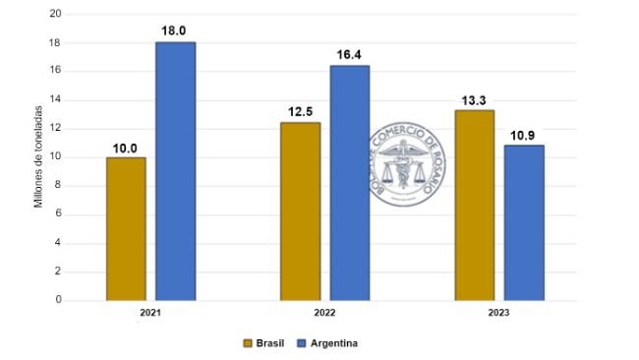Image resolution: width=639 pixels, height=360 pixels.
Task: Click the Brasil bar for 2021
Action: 126,228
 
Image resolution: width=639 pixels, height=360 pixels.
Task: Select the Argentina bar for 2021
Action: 176,171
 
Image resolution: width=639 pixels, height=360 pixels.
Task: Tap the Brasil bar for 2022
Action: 300,210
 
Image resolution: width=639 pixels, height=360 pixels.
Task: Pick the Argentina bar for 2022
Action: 350,183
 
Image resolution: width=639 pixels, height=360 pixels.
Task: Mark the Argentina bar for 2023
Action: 524,222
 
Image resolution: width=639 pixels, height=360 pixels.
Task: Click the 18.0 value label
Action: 174,30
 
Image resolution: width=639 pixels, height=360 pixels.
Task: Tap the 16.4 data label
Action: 350,54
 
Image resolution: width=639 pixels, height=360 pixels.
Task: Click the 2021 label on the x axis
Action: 150,313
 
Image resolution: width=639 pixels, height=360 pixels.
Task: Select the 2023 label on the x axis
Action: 499,313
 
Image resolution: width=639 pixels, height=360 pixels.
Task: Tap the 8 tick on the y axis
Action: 58,186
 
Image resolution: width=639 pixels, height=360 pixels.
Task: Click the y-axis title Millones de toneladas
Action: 39,157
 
